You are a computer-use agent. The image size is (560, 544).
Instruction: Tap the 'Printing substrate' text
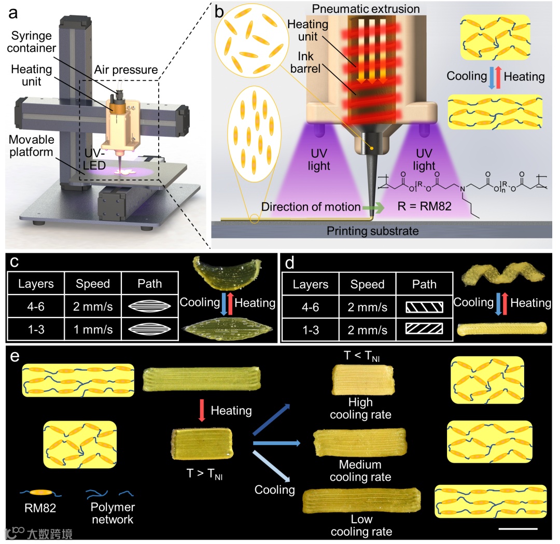point(372,231)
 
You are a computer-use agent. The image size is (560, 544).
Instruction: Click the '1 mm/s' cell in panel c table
point(93,329)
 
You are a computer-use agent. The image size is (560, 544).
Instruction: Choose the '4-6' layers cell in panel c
point(36,306)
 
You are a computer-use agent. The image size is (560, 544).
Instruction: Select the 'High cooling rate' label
point(360,409)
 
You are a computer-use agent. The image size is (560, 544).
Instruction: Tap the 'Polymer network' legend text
point(112,513)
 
